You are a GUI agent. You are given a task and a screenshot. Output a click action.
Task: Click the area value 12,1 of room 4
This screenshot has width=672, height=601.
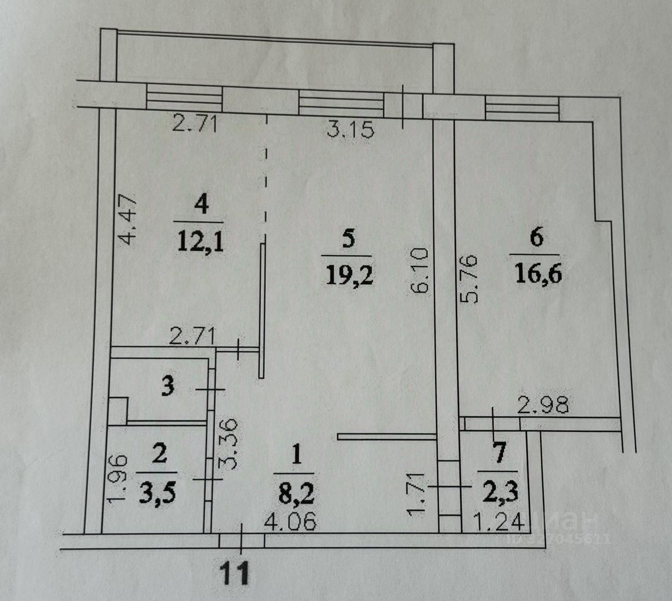201,243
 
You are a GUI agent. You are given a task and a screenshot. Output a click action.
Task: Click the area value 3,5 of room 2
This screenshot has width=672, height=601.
160,493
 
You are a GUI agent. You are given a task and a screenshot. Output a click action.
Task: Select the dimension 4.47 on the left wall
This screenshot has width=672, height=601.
128,219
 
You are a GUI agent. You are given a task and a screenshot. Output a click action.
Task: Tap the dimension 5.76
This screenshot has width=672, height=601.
470,278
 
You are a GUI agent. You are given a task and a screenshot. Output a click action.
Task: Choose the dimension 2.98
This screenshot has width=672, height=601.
543,405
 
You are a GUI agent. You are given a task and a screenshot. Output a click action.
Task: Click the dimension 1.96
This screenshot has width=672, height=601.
118,479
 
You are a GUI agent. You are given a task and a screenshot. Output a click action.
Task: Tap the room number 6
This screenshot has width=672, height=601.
536,238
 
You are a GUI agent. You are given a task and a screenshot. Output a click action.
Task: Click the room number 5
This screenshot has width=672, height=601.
348,239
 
